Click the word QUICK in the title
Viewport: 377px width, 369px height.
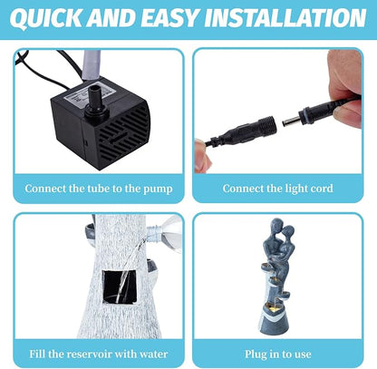click(x=46, y=18)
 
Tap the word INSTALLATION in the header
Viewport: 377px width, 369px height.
click(x=285, y=17)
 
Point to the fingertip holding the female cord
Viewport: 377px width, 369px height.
click(x=202, y=155)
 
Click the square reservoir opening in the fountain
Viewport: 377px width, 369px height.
click(x=120, y=286)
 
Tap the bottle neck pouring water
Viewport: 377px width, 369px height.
click(x=154, y=234)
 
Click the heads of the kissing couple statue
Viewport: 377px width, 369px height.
click(x=282, y=229)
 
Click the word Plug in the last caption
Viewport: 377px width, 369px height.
click(x=256, y=354)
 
